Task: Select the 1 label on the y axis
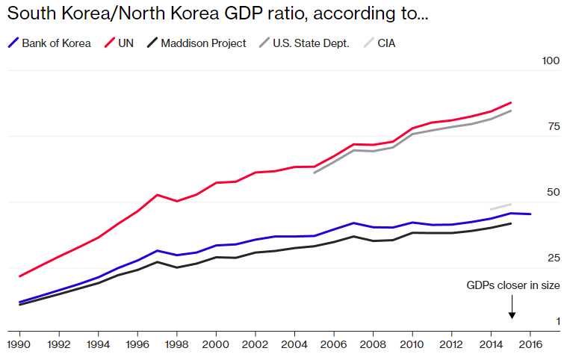(x=557, y=321)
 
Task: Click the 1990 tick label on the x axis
(x=19, y=344)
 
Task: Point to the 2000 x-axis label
(x=216, y=344)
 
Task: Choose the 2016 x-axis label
(x=530, y=344)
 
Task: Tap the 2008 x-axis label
(x=373, y=344)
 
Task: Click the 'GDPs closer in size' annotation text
(x=512, y=285)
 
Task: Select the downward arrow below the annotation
(x=512, y=306)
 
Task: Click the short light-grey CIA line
(x=501, y=206)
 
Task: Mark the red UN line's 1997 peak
(x=157, y=195)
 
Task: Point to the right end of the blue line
(x=530, y=214)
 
